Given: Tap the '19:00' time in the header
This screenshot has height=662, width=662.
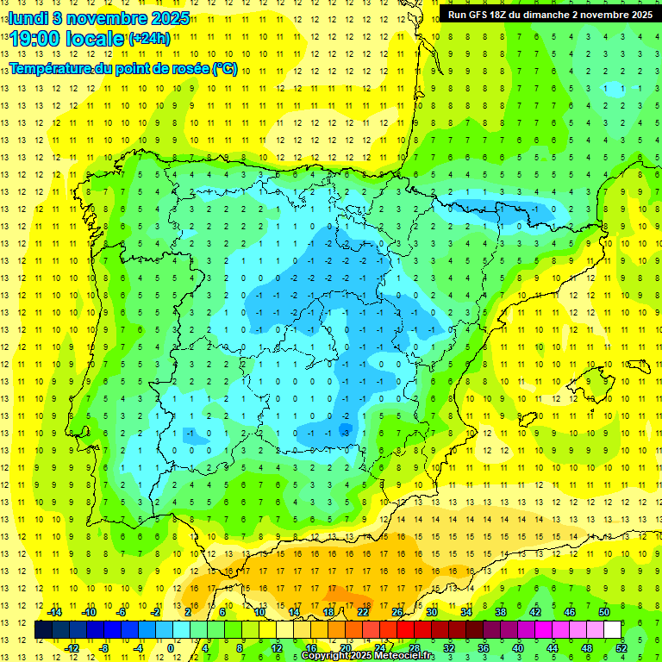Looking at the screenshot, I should [35, 39].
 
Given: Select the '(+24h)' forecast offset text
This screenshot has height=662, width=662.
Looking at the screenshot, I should [148, 39].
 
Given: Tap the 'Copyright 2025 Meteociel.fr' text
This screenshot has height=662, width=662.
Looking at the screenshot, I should [368, 656].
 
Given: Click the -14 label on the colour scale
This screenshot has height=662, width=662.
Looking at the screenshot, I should [53, 612].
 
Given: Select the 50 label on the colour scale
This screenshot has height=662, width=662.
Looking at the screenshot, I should [603, 612].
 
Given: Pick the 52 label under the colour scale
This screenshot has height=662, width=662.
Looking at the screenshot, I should [621, 648].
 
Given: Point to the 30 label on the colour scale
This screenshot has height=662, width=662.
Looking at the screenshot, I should [431, 612].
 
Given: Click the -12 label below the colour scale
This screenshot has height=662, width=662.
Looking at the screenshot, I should [72, 648].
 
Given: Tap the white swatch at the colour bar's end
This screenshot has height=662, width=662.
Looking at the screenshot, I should [612, 629].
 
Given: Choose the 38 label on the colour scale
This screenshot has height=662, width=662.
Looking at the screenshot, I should [500, 612].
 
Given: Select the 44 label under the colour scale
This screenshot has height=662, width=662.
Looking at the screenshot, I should [552, 648].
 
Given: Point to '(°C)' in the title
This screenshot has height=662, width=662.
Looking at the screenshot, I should [225, 68].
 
